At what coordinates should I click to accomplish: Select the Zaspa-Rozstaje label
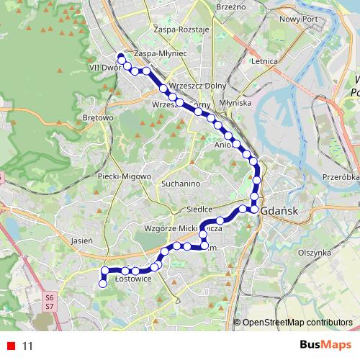tap(181, 30)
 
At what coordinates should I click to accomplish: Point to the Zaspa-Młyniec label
tap(161, 53)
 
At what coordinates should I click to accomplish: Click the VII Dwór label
tap(103, 67)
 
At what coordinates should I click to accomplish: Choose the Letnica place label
tap(265, 62)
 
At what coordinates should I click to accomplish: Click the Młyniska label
tap(236, 103)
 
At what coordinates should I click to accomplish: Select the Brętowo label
tap(99, 117)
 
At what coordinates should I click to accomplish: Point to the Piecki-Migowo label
tap(125, 176)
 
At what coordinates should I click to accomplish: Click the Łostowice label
tap(132, 279)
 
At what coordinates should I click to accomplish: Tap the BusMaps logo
tap(325, 346)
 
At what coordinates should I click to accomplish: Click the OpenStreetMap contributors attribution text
tap(297, 323)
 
